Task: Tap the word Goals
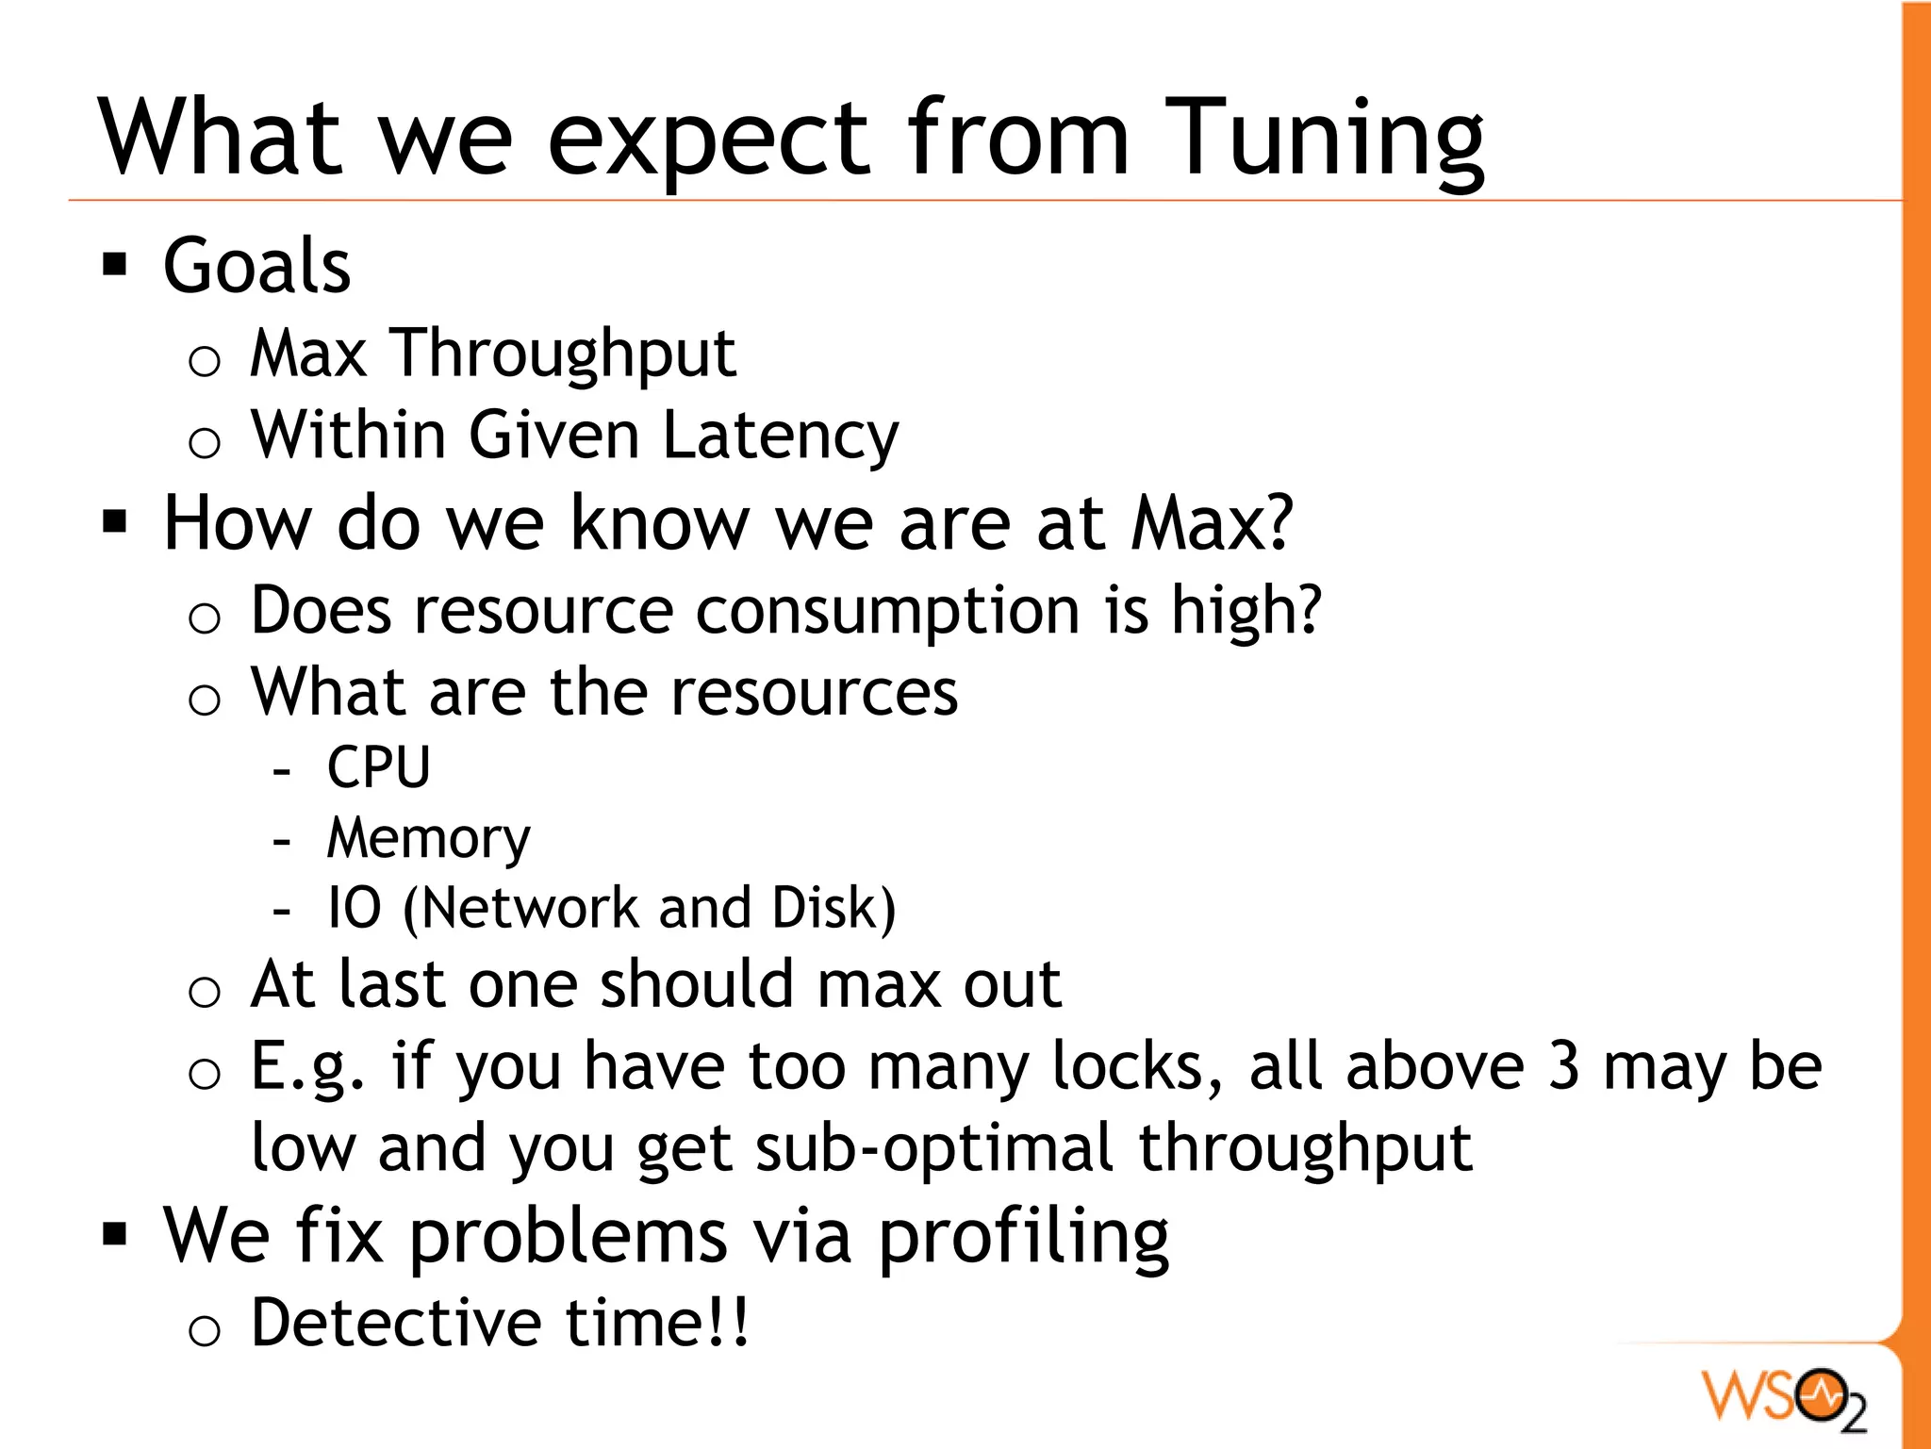coord(256,266)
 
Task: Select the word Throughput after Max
coord(564,354)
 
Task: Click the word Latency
coord(781,436)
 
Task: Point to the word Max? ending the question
coord(1213,523)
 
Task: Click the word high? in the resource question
coord(1246,611)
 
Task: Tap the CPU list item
coord(378,767)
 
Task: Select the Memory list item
coord(428,838)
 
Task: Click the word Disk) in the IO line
coord(833,908)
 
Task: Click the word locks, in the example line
coord(1137,1067)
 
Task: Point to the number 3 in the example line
coord(1563,1067)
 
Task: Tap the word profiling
coord(1024,1237)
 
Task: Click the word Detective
coord(397,1323)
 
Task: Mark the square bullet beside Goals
coord(115,265)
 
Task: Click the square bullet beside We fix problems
coord(115,1234)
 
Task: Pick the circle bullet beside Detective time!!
coord(204,1330)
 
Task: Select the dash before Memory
coord(281,839)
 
